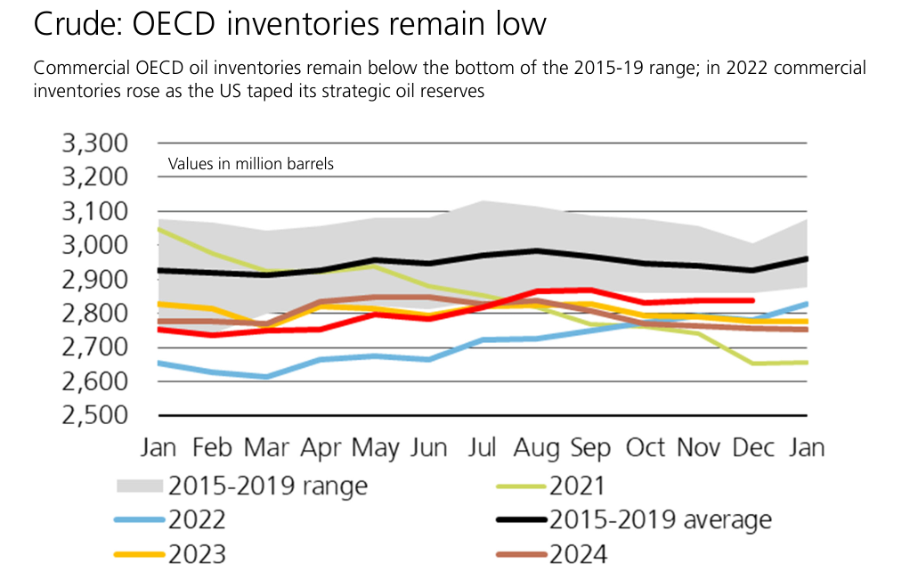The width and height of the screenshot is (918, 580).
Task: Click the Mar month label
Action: pos(267,447)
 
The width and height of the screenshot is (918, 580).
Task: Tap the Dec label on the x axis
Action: pos(753,447)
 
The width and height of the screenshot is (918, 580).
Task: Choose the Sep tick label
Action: pos(591,447)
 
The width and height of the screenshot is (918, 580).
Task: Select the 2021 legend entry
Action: pos(577,486)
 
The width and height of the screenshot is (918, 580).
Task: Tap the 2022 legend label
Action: pos(197,520)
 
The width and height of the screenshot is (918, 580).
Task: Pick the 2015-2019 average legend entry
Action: pos(660,520)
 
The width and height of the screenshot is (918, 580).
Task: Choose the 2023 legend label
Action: pos(197,554)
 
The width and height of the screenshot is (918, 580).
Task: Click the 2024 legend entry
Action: pos(578,554)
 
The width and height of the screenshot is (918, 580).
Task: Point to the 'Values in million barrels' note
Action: pos(250,164)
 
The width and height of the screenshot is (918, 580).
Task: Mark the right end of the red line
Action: pos(753,300)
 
